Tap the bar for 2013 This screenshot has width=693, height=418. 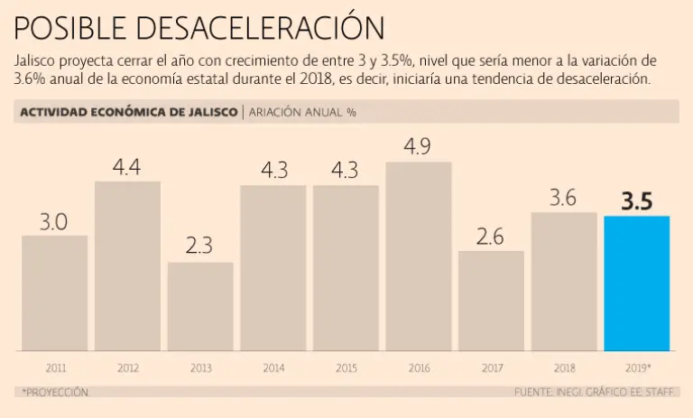(200, 306)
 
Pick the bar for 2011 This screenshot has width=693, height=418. (55, 293)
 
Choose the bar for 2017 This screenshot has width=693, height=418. (491, 301)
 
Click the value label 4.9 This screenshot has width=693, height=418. (417, 146)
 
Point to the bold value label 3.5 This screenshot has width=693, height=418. (636, 201)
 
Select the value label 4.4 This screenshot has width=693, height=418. (127, 167)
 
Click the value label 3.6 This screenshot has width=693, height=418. (563, 199)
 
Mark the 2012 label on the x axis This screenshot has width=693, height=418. (128, 368)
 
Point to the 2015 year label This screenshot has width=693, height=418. (346, 368)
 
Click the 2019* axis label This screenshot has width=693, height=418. (638, 368)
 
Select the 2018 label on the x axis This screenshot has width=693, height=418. (564, 368)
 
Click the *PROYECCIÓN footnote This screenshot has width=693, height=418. (53, 393)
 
